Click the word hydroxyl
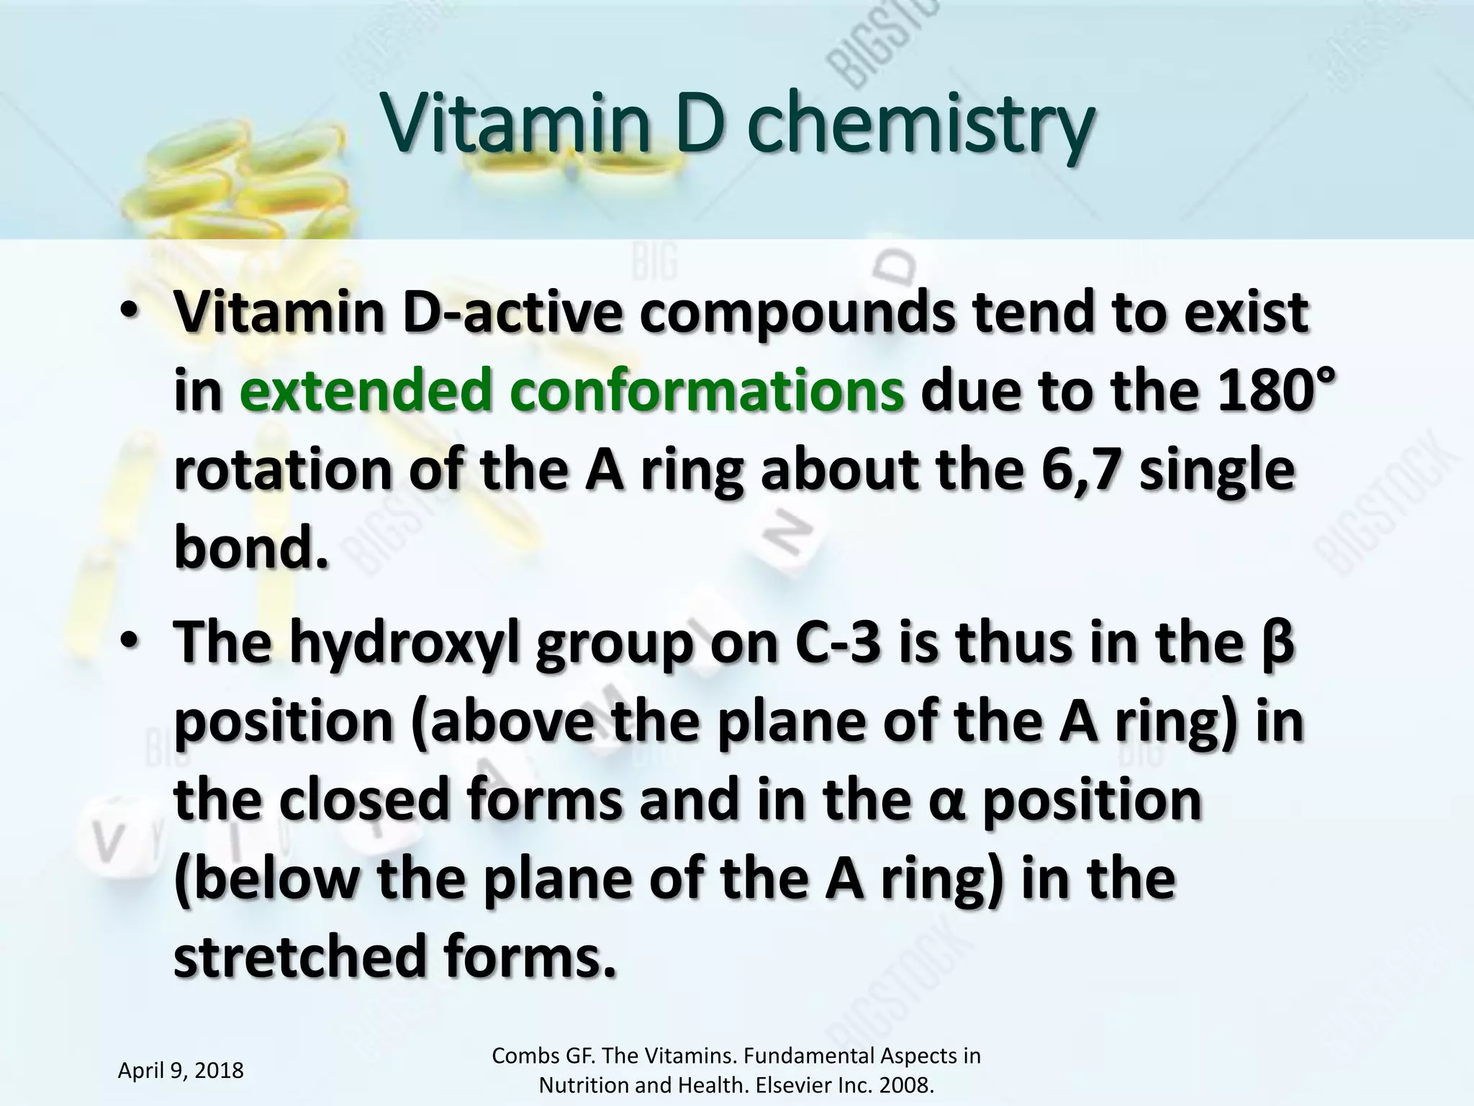[404, 643]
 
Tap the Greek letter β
[1278, 643]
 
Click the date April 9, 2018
[181, 1071]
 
